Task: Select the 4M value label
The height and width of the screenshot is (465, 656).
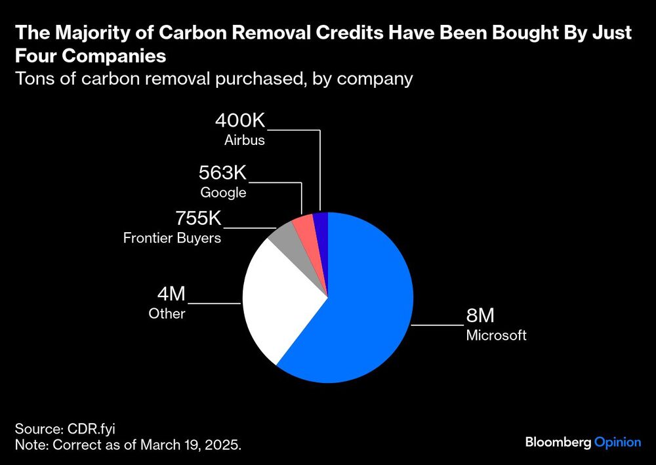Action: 167,294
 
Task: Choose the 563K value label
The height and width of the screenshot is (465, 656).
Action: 222,174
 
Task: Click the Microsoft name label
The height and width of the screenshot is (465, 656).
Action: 496,336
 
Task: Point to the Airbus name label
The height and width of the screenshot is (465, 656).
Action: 244,140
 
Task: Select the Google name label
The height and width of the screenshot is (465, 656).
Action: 223,193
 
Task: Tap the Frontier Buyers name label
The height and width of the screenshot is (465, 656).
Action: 172,238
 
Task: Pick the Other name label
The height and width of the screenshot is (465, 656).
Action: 167,313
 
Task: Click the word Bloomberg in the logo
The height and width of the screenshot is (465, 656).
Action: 558,442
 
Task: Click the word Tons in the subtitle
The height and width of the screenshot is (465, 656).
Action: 32,79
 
